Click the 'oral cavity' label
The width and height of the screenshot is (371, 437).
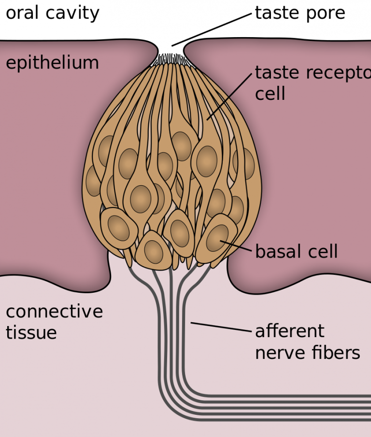pyautogui.click(x=52, y=13)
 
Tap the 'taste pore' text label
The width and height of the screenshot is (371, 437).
pyautogui.click(x=300, y=13)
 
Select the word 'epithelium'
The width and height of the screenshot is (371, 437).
pyautogui.click(x=52, y=63)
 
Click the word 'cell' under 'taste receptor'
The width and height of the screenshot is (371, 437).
pyautogui.click(x=270, y=93)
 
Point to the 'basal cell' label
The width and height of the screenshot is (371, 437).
pyautogui.click(x=296, y=252)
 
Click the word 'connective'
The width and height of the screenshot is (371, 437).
pyautogui.click(x=54, y=311)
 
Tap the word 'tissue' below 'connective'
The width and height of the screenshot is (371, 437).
pyautogui.click(x=31, y=333)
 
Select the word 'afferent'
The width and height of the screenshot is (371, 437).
pyautogui.click(x=289, y=331)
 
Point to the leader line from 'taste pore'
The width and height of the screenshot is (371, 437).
pyautogui.click(x=213, y=29)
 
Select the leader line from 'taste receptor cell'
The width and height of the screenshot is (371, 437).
pyautogui.click(x=229, y=96)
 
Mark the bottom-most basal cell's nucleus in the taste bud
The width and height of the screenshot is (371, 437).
pyautogui.click(x=154, y=251)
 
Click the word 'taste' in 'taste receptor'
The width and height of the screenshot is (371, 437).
pyautogui.click(x=277, y=73)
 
